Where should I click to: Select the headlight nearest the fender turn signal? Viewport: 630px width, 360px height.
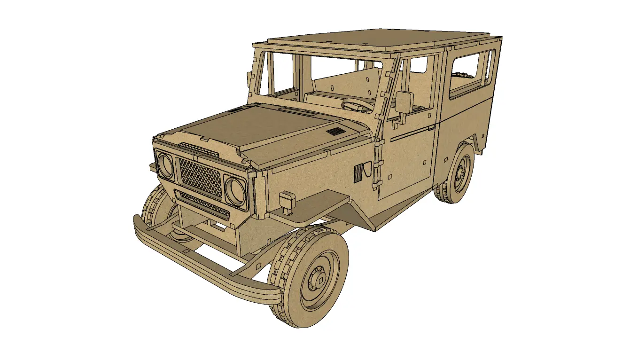tap(234, 190)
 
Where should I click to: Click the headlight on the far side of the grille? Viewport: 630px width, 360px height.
tap(165, 164)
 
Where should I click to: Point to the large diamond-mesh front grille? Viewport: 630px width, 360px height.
tap(201, 177)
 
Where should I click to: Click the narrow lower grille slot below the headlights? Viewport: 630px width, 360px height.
tap(202, 204)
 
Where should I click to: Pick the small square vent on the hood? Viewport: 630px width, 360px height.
tap(335, 131)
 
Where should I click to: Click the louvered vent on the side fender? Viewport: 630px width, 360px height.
tap(358, 172)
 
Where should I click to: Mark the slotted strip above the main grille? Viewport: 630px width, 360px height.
tap(200, 148)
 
